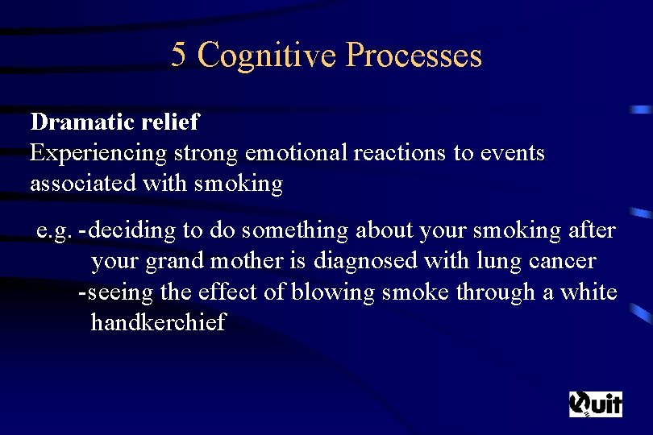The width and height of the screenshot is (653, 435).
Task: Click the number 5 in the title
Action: (x=179, y=55)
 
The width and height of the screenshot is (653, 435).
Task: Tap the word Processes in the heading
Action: (x=414, y=55)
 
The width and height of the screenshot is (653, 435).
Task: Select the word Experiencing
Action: (x=98, y=153)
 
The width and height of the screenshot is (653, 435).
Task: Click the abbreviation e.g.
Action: (x=53, y=231)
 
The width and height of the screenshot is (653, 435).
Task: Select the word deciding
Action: (x=133, y=231)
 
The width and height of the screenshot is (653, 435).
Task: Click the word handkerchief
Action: (x=158, y=322)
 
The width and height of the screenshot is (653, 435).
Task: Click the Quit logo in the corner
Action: (x=596, y=404)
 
